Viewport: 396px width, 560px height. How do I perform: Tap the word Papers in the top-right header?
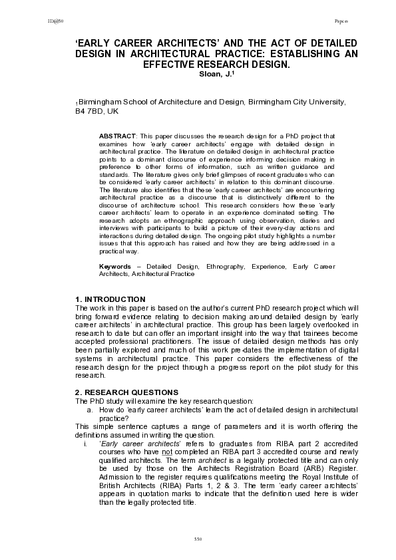[x=340, y=21]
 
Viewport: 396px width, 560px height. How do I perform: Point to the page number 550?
[x=197, y=537]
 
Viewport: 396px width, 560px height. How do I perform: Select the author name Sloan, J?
[x=214, y=74]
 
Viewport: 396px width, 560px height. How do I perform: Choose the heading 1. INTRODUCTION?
[x=110, y=299]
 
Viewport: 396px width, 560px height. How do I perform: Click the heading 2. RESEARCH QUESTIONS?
[x=127, y=392]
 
